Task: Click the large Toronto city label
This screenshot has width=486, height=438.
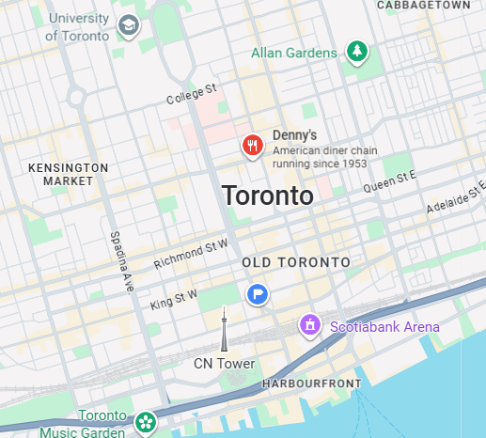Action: [x=268, y=196]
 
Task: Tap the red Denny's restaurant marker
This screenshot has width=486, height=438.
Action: [x=252, y=146]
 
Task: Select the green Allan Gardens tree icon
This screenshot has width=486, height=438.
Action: [x=355, y=53]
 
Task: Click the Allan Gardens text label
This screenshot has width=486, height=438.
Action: [x=293, y=53]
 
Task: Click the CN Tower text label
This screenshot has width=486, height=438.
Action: [x=224, y=364]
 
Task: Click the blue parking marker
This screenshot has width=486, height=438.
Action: [x=258, y=294]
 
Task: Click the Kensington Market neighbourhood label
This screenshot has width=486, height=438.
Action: [x=69, y=174]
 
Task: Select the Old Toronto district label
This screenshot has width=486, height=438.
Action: [x=295, y=261]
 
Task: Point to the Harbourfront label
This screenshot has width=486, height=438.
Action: [x=311, y=384]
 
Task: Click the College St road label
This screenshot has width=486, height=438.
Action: [x=192, y=94]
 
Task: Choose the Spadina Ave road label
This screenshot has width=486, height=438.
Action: [x=120, y=260]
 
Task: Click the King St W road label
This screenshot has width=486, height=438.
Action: [x=174, y=300]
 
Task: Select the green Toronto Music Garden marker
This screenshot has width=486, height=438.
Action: [x=145, y=422]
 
